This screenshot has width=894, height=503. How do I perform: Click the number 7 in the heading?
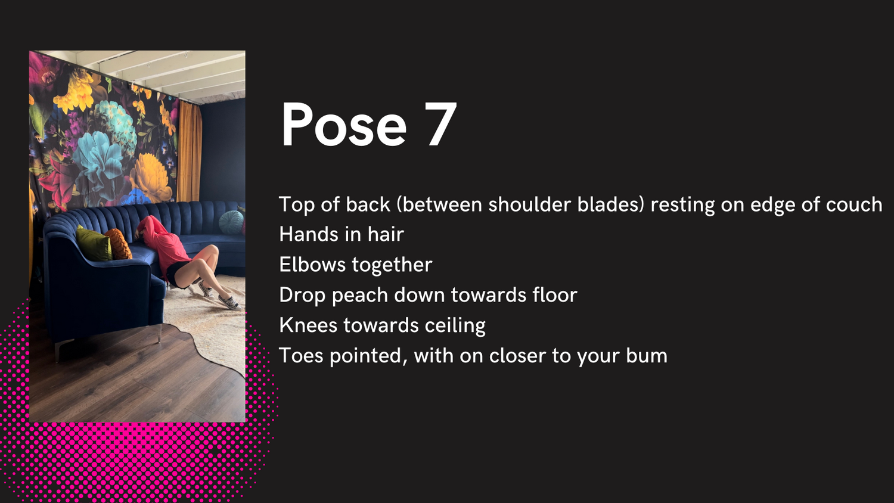pos(439,124)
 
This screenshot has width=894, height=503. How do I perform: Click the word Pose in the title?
pos(344,124)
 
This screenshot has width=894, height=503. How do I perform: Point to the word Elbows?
pos(310,264)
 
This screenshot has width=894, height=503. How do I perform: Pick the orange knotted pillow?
pos(119,244)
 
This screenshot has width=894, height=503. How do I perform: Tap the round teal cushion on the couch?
pos(231,222)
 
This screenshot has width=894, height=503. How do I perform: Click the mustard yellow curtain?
pos(188,151)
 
